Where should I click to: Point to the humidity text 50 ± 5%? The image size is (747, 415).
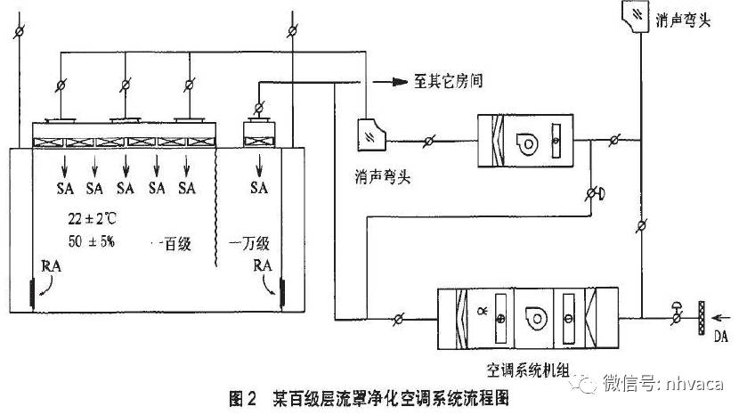coord(90,241)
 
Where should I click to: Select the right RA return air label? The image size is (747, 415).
coord(264,264)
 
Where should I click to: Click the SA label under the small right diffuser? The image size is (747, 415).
coord(259,188)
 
